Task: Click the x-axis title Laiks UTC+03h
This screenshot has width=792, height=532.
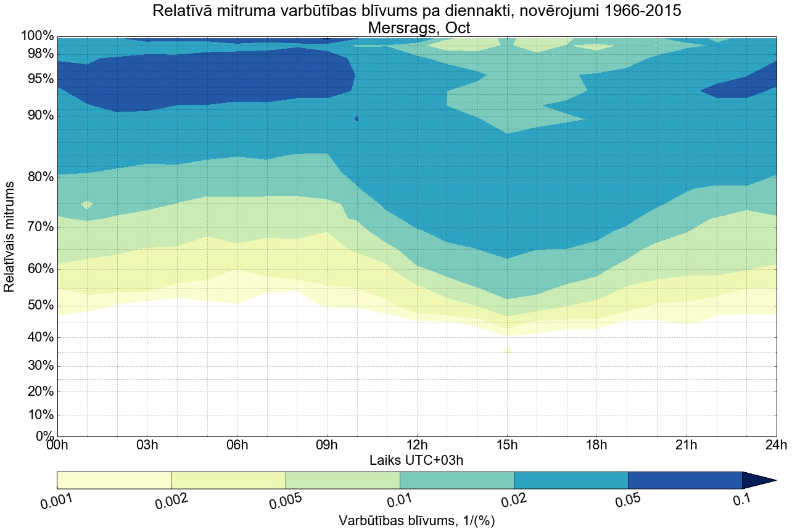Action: pos(416,460)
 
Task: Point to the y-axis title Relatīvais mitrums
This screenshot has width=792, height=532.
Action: pos(10,237)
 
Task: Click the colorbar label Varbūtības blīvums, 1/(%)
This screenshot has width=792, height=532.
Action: pos(416,520)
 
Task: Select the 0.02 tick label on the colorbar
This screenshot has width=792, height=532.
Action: pos(513,501)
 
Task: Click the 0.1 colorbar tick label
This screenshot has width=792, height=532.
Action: pos(742,500)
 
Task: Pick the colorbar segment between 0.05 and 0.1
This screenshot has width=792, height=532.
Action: pos(685,480)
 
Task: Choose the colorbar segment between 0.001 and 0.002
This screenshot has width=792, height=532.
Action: pos(114,480)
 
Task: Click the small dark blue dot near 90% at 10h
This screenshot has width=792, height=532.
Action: pos(357,118)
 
